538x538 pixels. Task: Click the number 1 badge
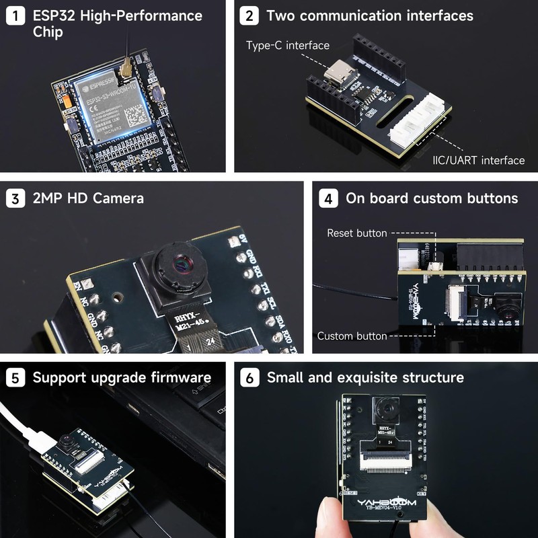click(15, 15)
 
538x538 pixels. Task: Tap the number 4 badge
click(328, 198)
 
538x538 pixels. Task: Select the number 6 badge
click(249, 377)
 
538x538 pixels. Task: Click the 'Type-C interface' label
click(288, 45)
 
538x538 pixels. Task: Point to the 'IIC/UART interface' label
click(478, 160)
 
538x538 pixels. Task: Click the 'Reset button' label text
click(357, 233)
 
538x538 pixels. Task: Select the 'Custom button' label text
click(352, 336)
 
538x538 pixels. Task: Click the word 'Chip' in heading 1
click(48, 32)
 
